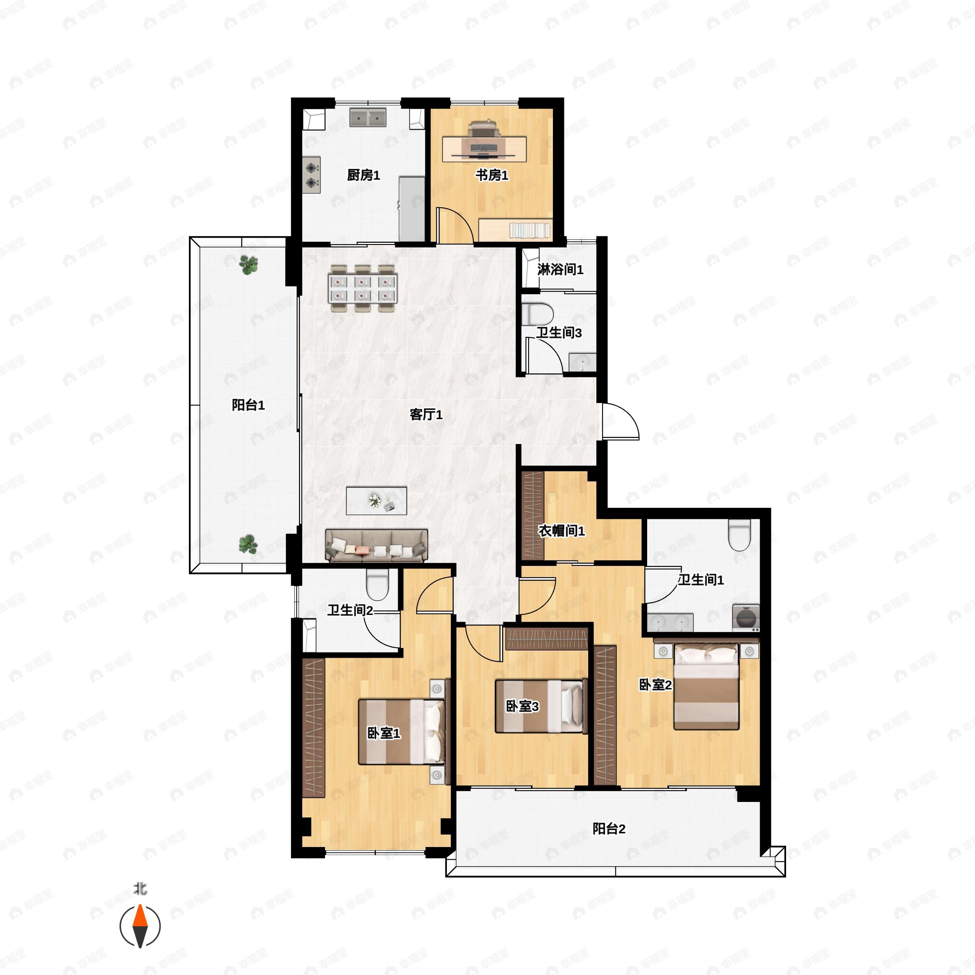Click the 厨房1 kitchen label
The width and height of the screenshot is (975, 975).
click(x=363, y=175)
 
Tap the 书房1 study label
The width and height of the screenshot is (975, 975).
click(x=492, y=175)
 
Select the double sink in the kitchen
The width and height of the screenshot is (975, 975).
click(x=368, y=117)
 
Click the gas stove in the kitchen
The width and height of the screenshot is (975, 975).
click(x=311, y=175)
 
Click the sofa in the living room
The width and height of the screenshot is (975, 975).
click(x=377, y=546)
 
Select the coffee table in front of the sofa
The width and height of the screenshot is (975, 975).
click(x=377, y=500)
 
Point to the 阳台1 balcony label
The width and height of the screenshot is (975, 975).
click(x=248, y=405)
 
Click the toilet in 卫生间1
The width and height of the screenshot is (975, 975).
click(x=740, y=535)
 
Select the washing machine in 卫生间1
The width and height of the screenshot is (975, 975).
click(x=746, y=617)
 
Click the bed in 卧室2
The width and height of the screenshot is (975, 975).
click(x=706, y=687)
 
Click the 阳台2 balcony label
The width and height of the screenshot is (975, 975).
click(x=609, y=829)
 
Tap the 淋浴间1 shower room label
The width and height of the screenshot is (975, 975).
click(x=560, y=269)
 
